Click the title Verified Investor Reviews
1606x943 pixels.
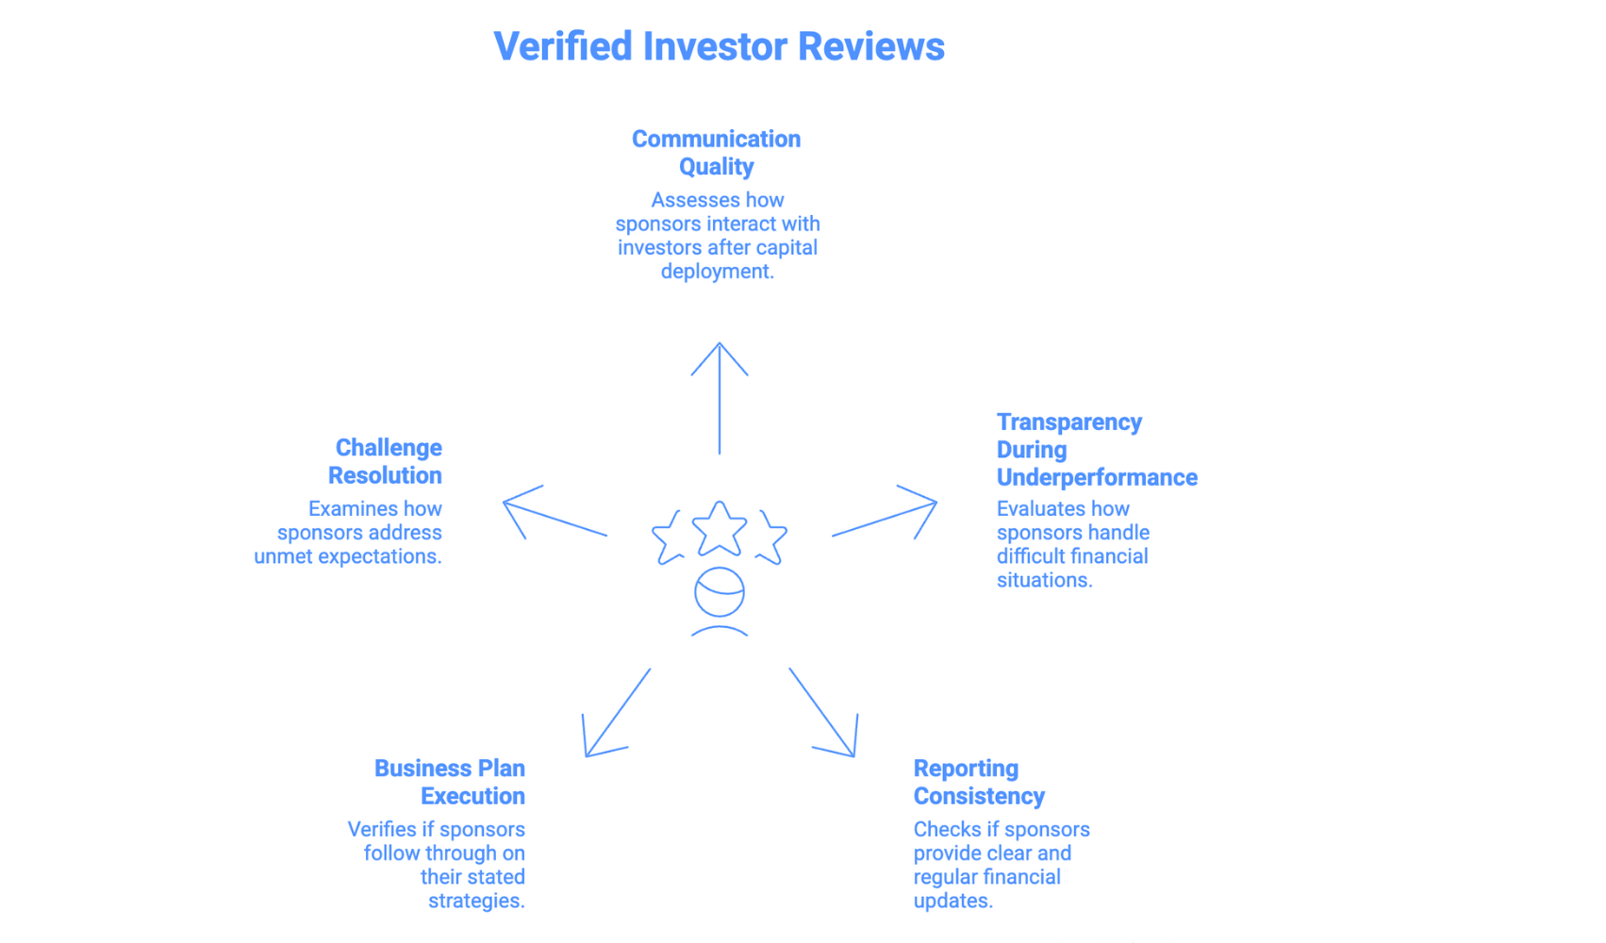click(x=719, y=46)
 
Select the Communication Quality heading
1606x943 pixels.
click(x=716, y=153)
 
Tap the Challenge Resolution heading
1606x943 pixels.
click(x=385, y=461)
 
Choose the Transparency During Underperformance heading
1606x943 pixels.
click(x=1096, y=450)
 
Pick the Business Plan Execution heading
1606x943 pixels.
click(x=450, y=782)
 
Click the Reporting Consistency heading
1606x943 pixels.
click(x=978, y=782)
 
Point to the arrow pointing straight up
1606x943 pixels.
click(x=720, y=396)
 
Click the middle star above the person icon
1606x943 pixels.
click(x=720, y=528)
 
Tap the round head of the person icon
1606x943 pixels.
click(x=720, y=593)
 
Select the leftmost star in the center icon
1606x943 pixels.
click(x=669, y=538)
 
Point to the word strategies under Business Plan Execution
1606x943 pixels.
click(x=476, y=901)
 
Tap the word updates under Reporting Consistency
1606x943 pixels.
click(x=952, y=901)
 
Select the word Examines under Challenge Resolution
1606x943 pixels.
click(x=349, y=509)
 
